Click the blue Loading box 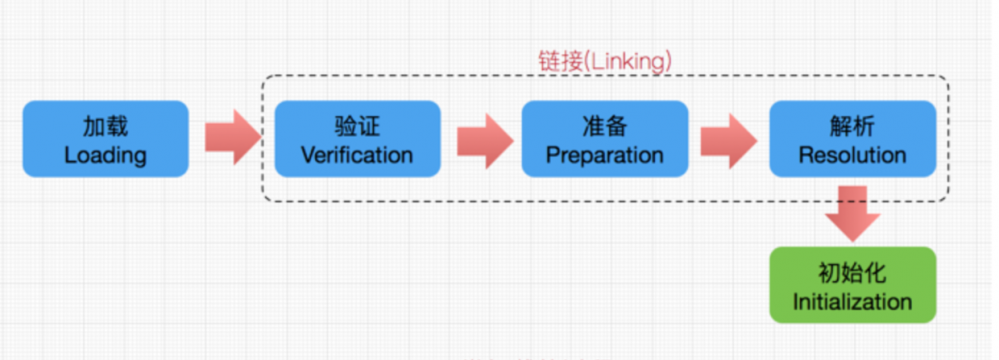point(105,140)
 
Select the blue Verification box point(357,140)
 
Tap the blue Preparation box point(605,140)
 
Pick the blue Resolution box point(852,140)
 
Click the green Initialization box point(852,285)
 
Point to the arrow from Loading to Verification point(232,138)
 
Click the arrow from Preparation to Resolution point(728,138)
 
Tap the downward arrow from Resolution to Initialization point(853,212)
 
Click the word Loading point(105,156)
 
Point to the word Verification point(357,156)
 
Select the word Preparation point(605,156)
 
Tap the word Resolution point(852,156)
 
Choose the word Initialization point(852,301)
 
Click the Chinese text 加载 point(105,126)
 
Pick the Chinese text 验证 point(357,126)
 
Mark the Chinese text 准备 point(605,126)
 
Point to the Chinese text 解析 point(852,126)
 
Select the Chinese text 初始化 point(852,272)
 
